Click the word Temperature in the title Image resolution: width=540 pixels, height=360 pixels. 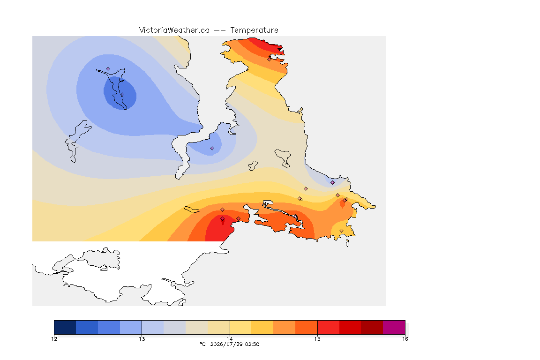254,30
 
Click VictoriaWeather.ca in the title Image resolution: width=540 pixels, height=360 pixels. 174,30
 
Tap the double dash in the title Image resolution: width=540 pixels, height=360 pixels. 220,30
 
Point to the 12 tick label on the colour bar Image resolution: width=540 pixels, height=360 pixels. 54,339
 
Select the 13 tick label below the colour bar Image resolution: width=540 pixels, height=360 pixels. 142,339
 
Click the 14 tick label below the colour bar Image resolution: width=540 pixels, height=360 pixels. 230,339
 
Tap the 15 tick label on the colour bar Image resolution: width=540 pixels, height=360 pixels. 317,339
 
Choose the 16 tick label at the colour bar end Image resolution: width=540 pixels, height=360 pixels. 405,339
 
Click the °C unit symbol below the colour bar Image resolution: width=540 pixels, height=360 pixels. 202,344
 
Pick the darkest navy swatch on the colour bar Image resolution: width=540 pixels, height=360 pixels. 65,327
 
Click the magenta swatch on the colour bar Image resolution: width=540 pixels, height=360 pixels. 394,327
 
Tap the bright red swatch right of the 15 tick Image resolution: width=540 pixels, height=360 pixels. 328,327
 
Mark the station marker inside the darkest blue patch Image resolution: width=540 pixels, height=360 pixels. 122,94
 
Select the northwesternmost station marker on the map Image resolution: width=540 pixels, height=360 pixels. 108,69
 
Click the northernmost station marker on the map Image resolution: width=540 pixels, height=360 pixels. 270,59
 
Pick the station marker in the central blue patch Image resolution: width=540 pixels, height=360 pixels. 212,149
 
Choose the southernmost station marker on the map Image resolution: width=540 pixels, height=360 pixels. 341,231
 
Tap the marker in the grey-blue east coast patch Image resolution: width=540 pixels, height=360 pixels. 332,183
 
